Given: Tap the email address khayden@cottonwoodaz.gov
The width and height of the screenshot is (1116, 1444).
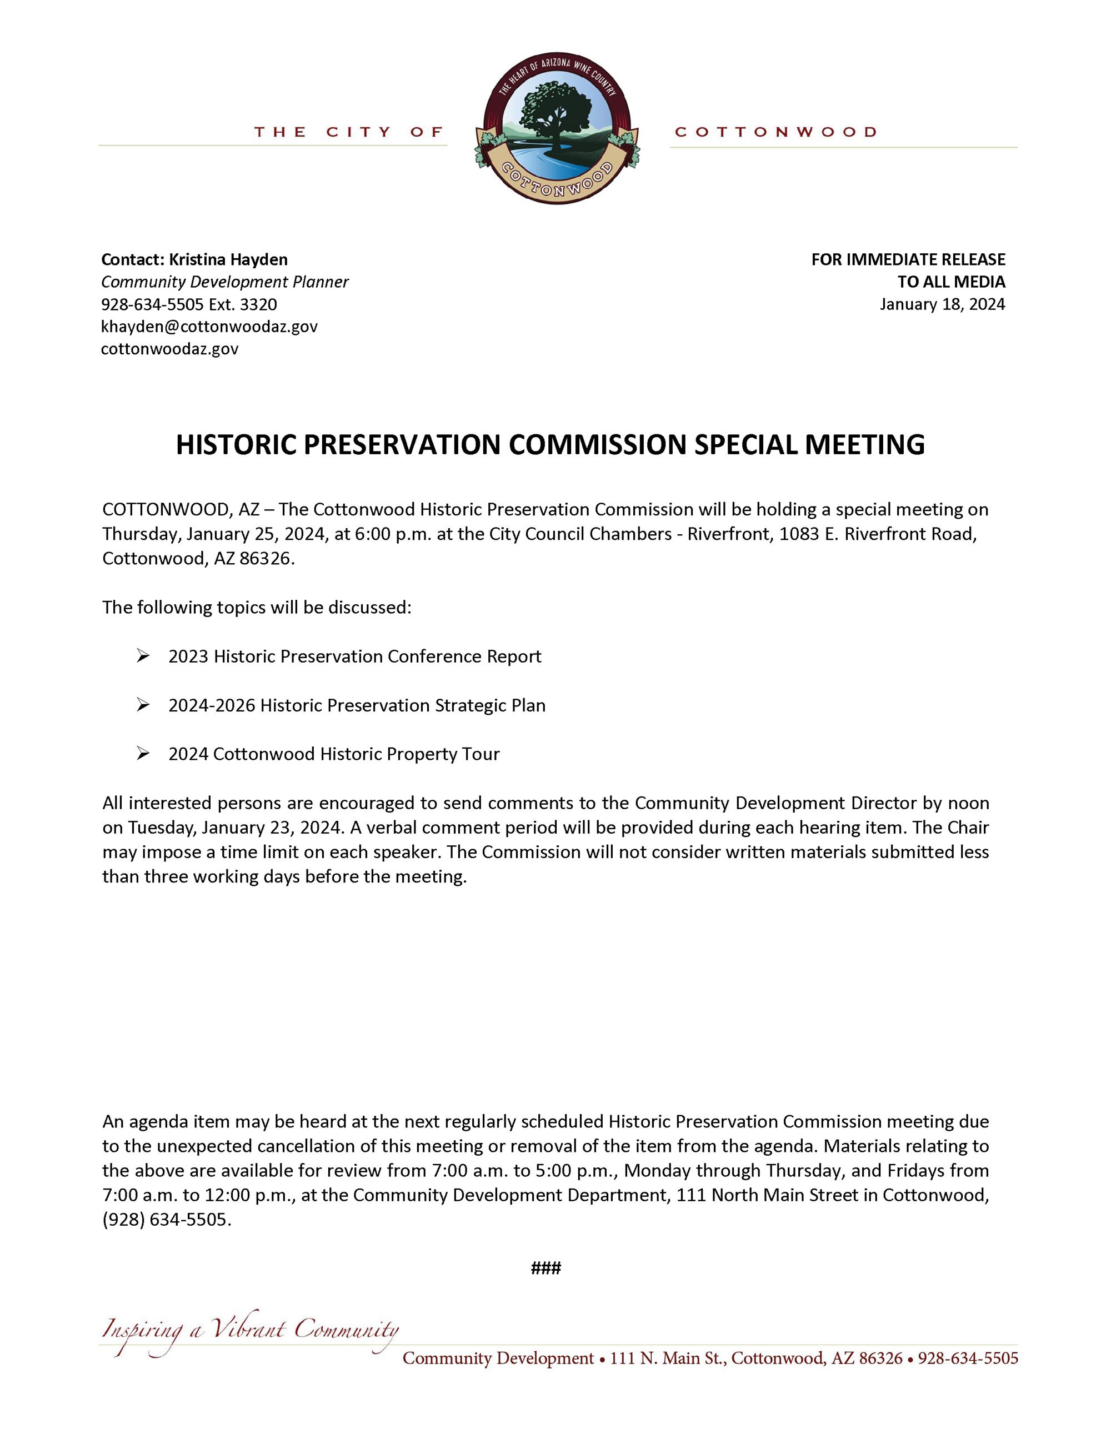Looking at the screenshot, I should (x=209, y=327).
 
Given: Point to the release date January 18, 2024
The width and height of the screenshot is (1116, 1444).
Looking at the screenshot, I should (x=942, y=304).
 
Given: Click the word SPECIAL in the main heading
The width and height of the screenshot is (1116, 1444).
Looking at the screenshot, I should (x=745, y=445).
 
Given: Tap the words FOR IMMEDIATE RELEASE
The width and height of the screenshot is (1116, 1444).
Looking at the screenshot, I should (x=908, y=260).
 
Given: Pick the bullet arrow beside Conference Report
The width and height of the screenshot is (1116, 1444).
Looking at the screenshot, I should (x=143, y=656).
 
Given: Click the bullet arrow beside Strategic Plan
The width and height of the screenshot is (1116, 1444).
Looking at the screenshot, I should (x=143, y=705).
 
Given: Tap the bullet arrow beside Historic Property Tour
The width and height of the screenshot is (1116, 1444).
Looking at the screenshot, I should (x=143, y=754).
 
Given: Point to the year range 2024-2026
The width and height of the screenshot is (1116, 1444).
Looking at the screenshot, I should (x=212, y=705).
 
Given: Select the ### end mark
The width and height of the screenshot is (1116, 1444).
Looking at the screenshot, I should (x=546, y=1268).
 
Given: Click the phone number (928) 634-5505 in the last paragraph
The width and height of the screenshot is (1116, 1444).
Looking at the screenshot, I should (x=166, y=1220).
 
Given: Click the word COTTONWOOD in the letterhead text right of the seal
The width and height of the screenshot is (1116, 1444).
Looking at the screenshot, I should (x=775, y=132).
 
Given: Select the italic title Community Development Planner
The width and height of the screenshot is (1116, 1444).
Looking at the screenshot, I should (x=225, y=282).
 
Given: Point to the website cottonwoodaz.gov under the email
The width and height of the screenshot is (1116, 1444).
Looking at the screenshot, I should (x=169, y=349).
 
